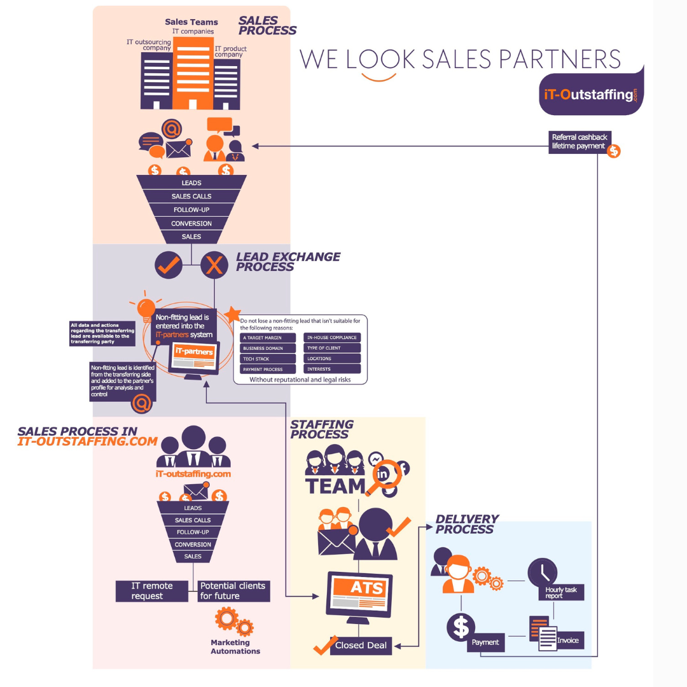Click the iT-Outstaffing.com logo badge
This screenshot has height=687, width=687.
[590, 94]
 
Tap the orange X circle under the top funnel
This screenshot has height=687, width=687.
[214, 266]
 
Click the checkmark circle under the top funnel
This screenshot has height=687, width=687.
[169, 266]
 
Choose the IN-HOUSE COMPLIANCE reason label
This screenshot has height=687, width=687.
[332, 338]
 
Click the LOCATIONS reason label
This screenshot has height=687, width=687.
[332, 359]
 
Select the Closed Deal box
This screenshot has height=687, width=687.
[361, 645]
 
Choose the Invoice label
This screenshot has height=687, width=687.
[568, 640]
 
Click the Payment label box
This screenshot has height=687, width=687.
[485, 642]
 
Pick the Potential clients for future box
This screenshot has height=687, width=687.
[233, 591]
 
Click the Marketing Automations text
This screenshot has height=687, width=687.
[235, 647]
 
